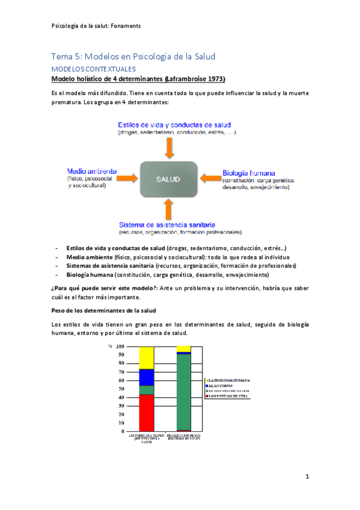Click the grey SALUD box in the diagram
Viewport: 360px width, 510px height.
click(x=168, y=179)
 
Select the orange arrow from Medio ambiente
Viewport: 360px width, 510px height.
click(x=124, y=178)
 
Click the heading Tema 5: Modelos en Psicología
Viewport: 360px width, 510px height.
click(x=133, y=57)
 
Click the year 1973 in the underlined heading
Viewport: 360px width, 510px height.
click(x=214, y=79)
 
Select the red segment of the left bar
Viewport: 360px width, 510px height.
click(x=147, y=413)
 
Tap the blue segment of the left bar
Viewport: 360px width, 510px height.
click(x=147, y=377)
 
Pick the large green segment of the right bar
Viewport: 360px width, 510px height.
click(x=184, y=391)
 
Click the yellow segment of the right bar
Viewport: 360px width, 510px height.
click(x=184, y=349)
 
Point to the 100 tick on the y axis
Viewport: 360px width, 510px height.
click(x=120, y=346)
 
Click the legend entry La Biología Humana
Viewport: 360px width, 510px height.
click(x=229, y=381)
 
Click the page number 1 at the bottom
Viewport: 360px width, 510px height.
click(x=307, y=477)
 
